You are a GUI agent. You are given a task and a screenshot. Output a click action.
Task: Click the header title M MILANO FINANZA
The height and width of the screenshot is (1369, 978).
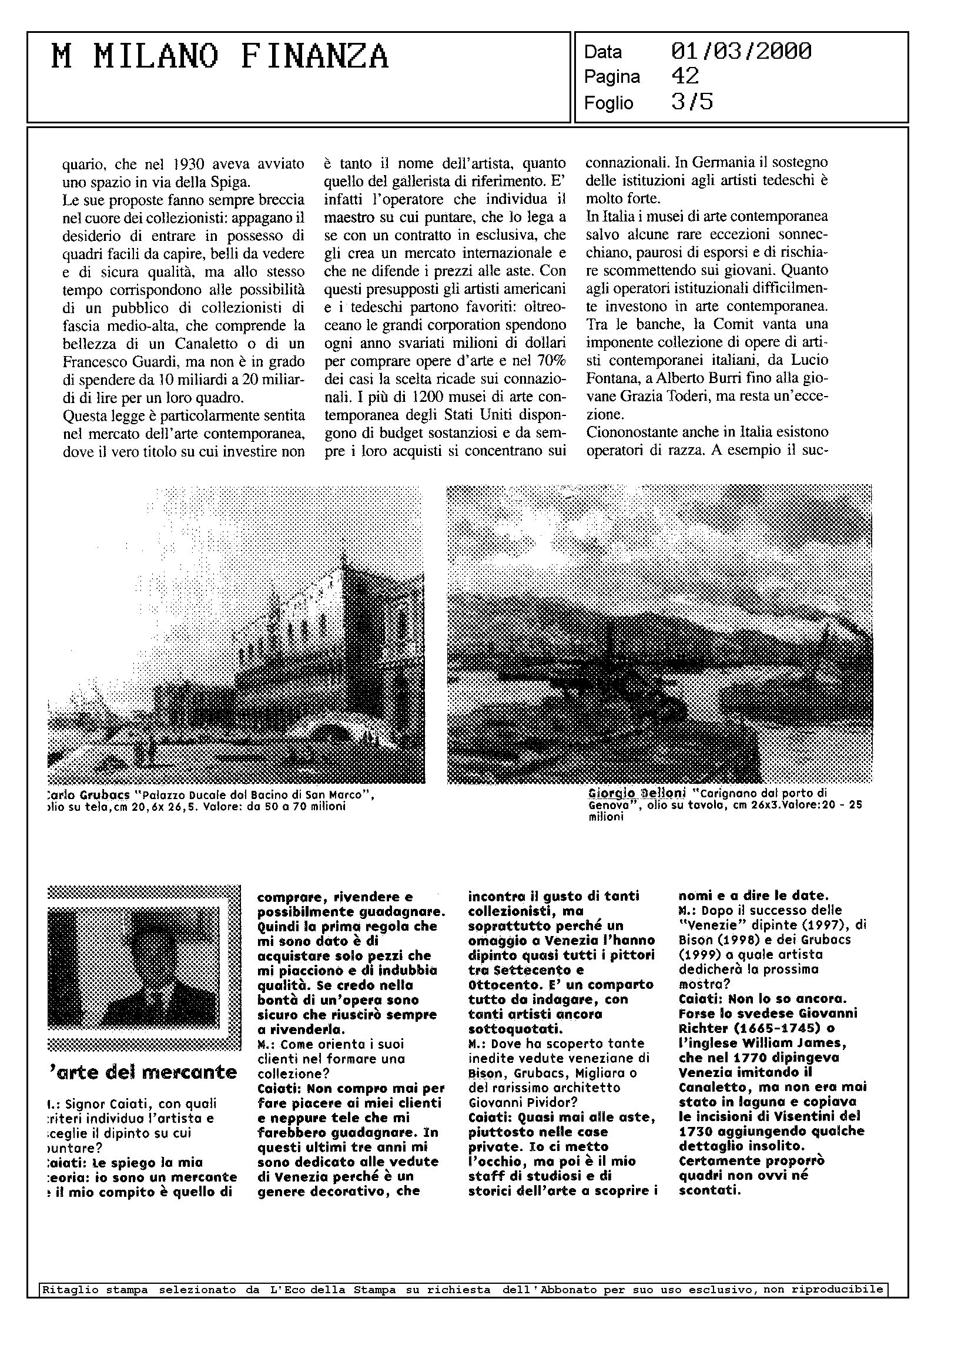click(x=220, y=58)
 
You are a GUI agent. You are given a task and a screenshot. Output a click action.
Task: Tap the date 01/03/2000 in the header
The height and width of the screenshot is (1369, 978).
click(x=741, y=52)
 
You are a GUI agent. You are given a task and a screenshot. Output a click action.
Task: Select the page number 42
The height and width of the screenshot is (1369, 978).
click(x=685, y=76)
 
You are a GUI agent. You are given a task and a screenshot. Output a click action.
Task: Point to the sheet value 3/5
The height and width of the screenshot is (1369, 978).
click(x=692, y=102)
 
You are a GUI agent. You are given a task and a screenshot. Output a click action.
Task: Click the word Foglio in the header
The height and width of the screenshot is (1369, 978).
click(x=608, y=103)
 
